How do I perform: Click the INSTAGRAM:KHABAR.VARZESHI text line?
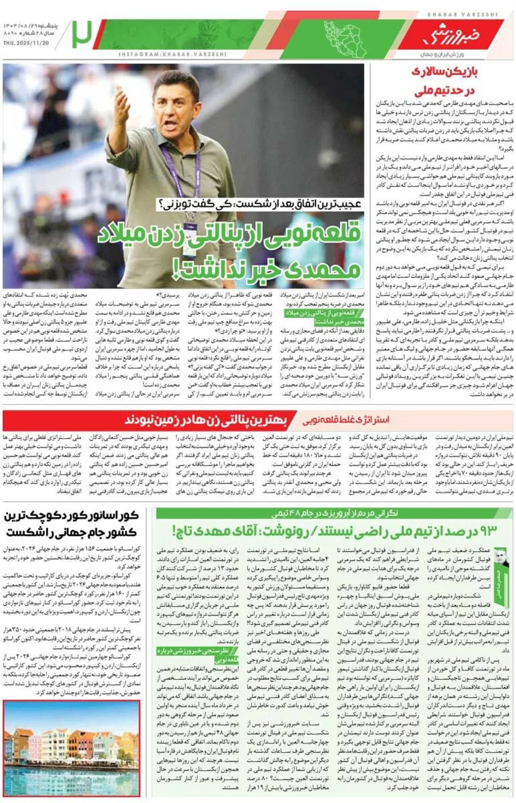coord(172,55)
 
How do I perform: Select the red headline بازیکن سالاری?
coord(445,72)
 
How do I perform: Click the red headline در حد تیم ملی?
coord(445,90)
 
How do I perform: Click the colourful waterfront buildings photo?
coord(71,750)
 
